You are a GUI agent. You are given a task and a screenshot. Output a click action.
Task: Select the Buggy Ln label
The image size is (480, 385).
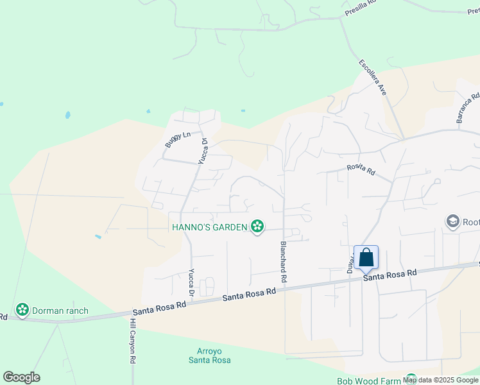(178, 139)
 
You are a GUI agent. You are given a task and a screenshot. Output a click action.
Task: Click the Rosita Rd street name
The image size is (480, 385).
(360, 169)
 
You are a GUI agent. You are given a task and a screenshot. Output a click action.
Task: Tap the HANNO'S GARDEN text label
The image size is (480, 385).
(209, 227)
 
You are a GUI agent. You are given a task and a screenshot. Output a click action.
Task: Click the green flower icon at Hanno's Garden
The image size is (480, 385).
(257, 226)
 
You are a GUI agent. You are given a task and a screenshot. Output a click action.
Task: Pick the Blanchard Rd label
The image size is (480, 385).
(282, 262)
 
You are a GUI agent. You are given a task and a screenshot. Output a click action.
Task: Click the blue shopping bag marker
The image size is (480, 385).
(366, 258)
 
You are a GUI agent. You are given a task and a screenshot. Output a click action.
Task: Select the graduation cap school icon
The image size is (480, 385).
(453, 222)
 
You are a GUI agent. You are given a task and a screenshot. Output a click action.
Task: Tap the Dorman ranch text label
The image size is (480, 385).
(61, 311)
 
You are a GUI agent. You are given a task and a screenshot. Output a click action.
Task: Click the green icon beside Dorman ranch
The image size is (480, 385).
(23, 311)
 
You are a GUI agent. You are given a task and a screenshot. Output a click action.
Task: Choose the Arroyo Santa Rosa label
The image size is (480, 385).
(209, 355)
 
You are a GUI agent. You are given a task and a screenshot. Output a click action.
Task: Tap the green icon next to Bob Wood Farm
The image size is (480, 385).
(411, 379)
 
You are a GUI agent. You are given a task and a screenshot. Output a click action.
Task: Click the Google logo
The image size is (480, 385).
(21, 377)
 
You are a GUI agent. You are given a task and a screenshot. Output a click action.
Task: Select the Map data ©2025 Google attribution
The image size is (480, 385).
(440, 380)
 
